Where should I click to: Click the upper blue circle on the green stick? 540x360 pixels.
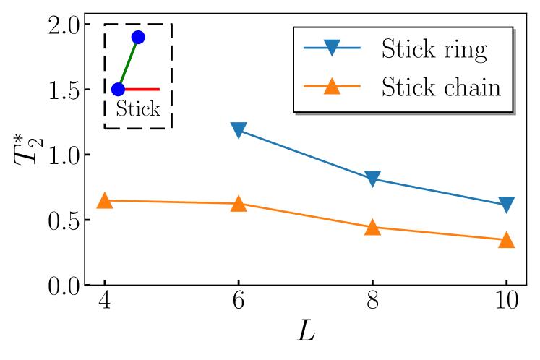[x=138, y=37]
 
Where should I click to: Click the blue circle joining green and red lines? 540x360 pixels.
[x=119, y=89]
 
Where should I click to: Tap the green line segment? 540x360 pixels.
[x=128, y=64]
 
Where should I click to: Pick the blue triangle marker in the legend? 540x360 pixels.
[x=331, y=48]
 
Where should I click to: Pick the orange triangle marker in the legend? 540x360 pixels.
[x=331, y=86]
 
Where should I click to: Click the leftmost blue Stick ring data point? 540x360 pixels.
[x=239, y=130]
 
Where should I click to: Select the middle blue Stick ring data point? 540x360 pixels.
[x=372, y=179]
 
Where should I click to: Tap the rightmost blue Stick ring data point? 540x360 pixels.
[x=506, y=205]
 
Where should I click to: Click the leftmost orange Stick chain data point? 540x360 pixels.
[x=105, y=200]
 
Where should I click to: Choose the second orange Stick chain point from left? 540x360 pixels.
[x=239, y=204]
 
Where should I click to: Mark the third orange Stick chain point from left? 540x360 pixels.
[x=372, y=227]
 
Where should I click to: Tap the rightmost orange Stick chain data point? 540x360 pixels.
[x=506, y=239]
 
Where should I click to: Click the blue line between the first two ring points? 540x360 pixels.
[x=305, y=155]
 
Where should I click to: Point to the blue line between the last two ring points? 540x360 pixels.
[x=439, y=192]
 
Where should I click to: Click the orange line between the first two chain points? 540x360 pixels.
[x=171, y=202]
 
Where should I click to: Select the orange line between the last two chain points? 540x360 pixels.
[x=439, y=233]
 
